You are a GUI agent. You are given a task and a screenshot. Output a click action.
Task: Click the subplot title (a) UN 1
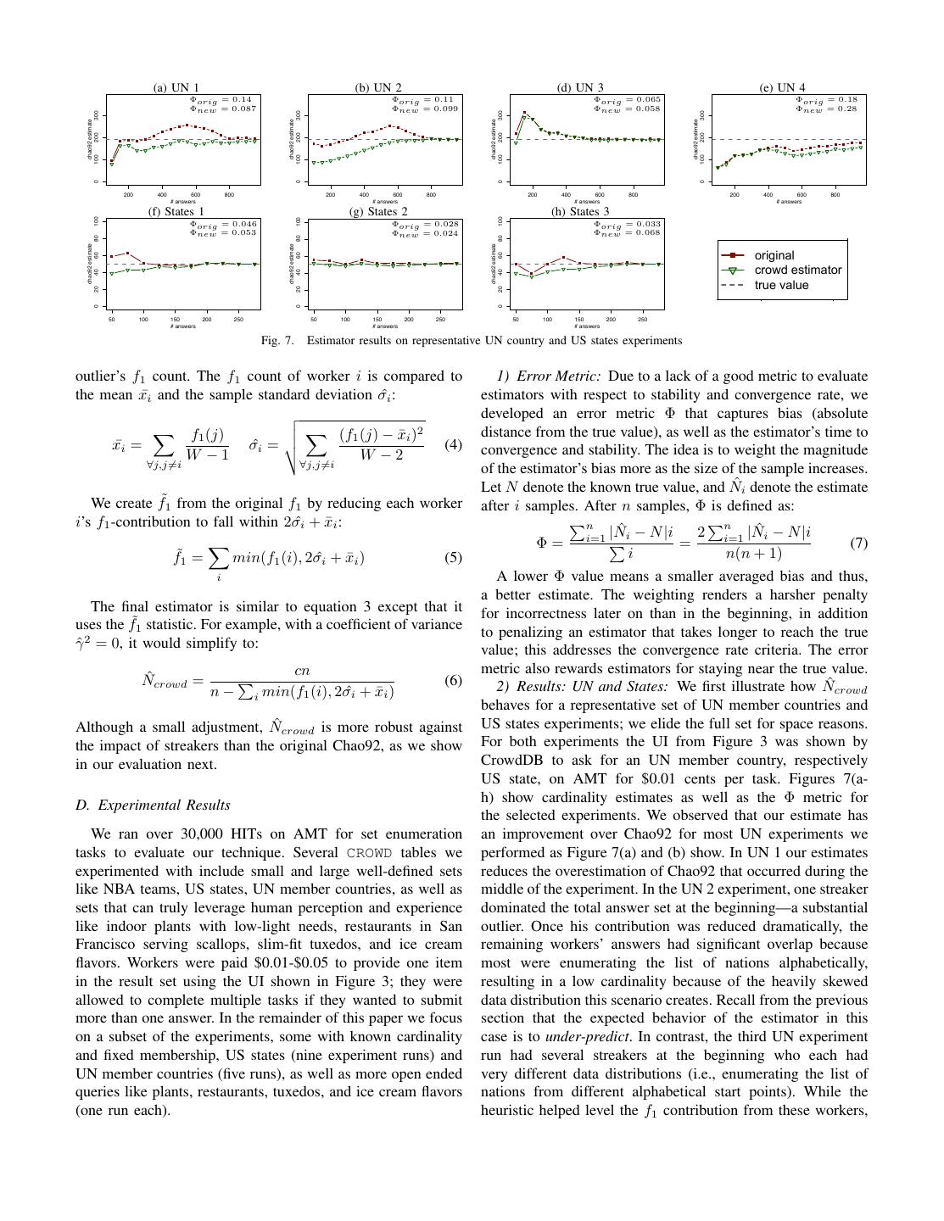[x=176, y=87]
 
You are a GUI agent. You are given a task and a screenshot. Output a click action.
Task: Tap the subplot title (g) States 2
[x=378, y=212]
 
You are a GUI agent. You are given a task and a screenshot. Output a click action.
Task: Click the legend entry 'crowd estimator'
[x=797, y=270]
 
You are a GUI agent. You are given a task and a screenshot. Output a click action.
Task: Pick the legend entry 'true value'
[x=781, y=285]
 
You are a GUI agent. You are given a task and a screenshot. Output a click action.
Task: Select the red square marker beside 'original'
[x=732, y=255]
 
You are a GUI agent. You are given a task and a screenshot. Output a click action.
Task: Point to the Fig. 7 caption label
[x=277, y=341]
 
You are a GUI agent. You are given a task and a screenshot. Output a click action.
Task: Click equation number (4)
[x=453, y=444]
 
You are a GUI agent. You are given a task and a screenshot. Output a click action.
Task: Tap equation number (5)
[x=453, y=558]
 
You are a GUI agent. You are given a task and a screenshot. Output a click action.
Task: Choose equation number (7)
[x=858, y=543]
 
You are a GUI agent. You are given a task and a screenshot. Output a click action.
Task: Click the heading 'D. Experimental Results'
[x=153, y=805]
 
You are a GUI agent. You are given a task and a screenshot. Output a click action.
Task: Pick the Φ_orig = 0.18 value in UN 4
[x=827, y=99]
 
